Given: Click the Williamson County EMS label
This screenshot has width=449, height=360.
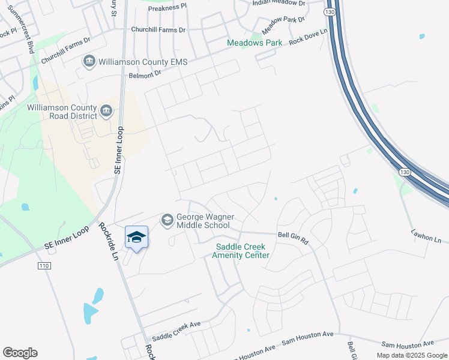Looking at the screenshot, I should [x=143, y=61].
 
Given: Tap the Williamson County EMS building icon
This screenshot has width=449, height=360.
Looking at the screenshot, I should [x=89, y=61].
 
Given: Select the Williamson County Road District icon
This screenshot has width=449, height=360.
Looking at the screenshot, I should [x=107, y=110].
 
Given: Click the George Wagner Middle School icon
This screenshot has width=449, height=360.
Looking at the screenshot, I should [x=166, y=220].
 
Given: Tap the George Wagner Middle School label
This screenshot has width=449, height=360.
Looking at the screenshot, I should [x=204, y=221].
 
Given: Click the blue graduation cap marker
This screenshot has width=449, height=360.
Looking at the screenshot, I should [x=136, y=238].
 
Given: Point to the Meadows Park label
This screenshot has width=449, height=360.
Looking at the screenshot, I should [x=255, y=43].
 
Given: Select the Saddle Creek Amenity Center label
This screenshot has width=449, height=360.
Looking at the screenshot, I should [x=241, y=251].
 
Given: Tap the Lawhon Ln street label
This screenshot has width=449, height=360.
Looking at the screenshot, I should [x=426, y=235].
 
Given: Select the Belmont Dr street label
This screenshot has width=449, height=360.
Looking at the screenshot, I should [x=145, y=74].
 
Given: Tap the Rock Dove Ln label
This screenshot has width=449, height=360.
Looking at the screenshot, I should [x=309, y=39].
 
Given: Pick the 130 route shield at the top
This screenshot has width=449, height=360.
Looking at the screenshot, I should [x=328, y=11].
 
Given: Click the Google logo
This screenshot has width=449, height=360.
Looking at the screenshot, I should [x=20, y=353].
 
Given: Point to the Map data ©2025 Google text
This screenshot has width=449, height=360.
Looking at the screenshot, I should [x=411, y=355].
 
